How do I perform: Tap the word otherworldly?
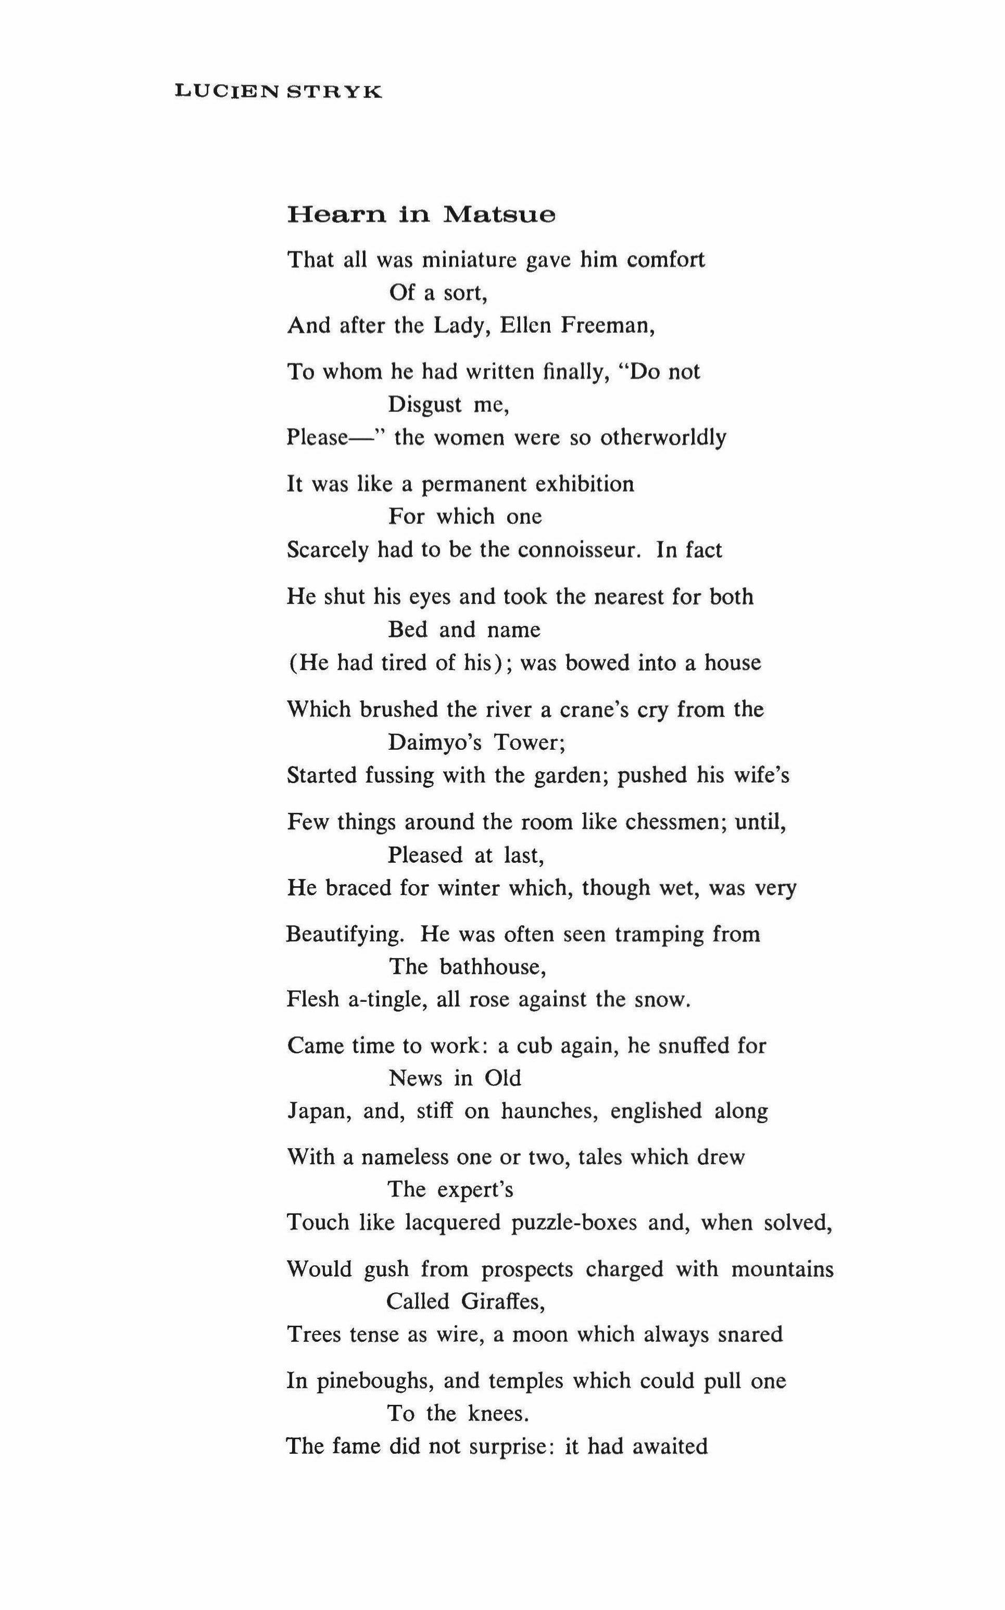663,438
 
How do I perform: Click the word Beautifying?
345,934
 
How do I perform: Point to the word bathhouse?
493,967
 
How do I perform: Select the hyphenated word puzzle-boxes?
574,1223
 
